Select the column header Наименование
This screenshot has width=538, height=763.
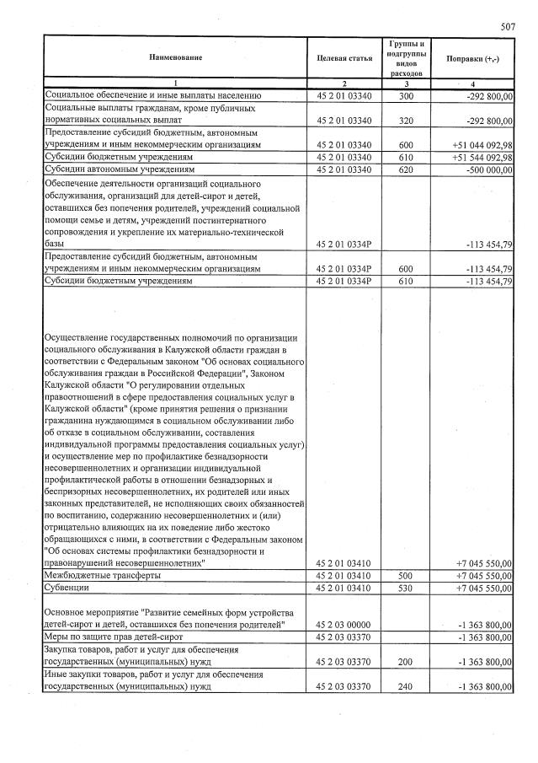(x=175, y=56)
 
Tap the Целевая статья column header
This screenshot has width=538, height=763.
(x=344, y=56)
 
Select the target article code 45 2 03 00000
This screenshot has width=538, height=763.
(x=344, y=624)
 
